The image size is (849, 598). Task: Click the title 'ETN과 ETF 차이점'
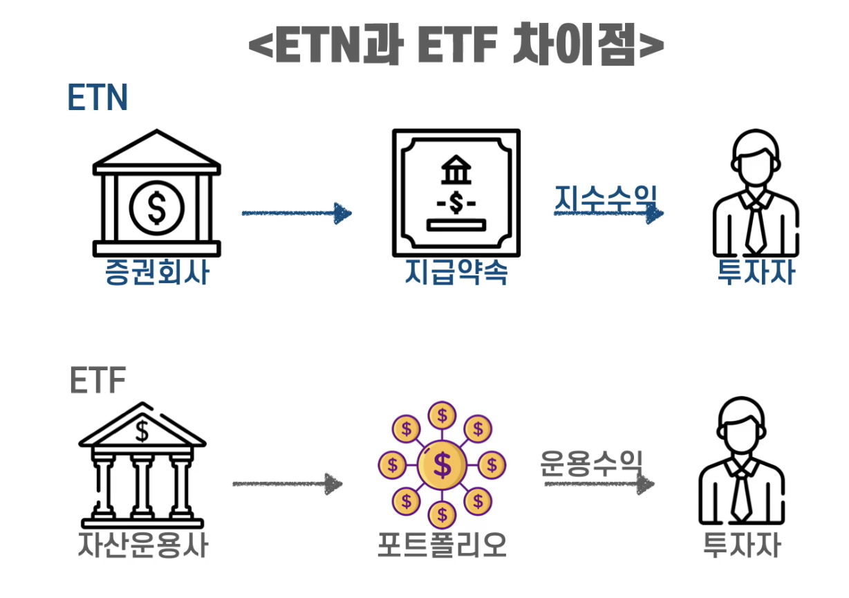tap(456, 47)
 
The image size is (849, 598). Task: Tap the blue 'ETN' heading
tap(97, 98)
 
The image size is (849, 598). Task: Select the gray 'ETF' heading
tap(97, 380)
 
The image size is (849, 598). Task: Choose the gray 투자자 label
tap(742, 545)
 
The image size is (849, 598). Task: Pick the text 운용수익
tap(592, 463)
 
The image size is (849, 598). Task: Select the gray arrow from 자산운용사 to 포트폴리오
tap(287, 484)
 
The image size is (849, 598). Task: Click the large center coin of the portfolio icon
tap(442, 464)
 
